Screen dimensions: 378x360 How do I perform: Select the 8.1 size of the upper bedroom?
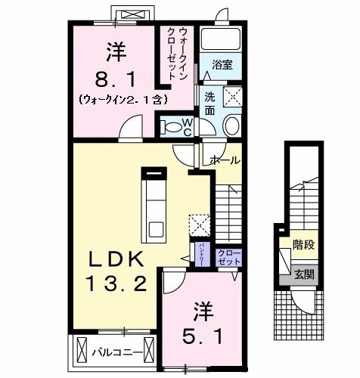(115, 77)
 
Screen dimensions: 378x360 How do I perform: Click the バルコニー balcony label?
(113, 352)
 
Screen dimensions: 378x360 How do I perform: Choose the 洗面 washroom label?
(210, 103)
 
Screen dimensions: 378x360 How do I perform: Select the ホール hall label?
(225, 161)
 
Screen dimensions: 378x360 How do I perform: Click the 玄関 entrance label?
(303, 274)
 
